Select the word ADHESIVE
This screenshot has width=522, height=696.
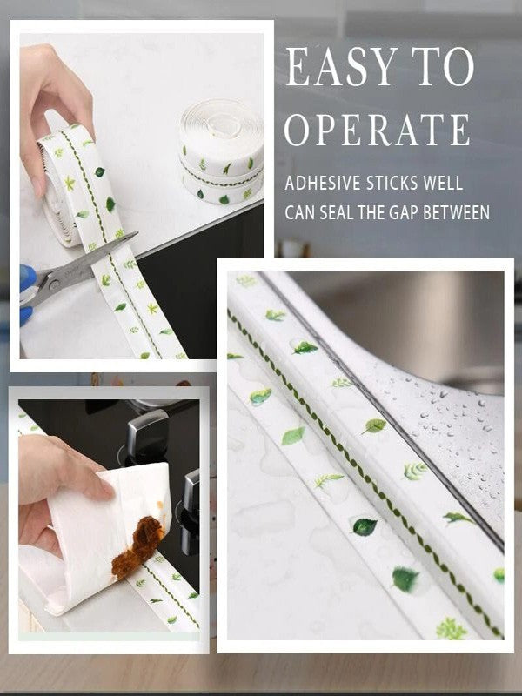pyautogui.click(x=323, y=184)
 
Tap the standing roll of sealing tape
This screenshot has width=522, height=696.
pyautogui.click(x=222, y=152)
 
